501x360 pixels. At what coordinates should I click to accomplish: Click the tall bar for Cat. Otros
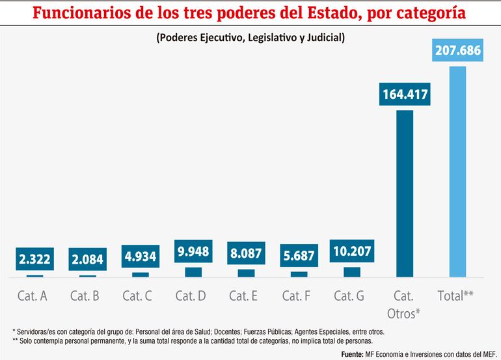tap(404, 193)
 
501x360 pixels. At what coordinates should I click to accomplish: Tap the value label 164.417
tap(404, 95)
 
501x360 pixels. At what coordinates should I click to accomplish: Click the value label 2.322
tap(35, 259)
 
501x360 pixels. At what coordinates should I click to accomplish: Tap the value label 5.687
tap(299, 256)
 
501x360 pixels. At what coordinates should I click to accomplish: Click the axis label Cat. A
tap(32, 296)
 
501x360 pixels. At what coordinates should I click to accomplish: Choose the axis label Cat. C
tap(137, 296)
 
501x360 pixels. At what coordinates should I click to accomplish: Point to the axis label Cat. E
tap(243, 296)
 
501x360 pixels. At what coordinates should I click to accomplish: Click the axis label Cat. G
tap(349, 296)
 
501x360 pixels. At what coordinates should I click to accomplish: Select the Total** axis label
tap(455, 296)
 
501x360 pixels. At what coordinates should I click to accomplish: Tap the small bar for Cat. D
tap(193, 272)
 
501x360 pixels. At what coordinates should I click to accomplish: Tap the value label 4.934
tap(141, 256)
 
